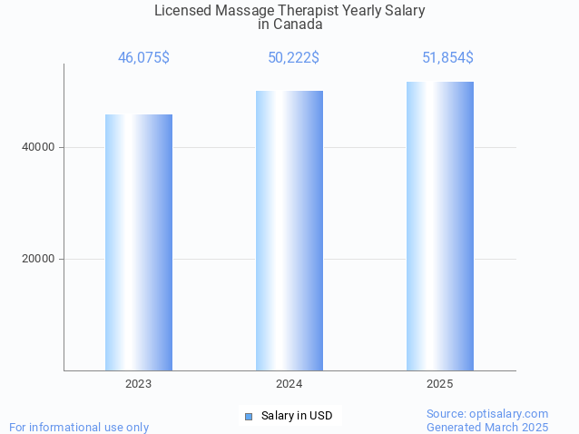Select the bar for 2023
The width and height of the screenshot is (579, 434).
pos(139,242)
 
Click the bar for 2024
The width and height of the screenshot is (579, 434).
pos(289,231)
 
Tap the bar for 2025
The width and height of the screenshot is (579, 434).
pos(440,226)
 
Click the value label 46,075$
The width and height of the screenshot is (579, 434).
pos(143,58)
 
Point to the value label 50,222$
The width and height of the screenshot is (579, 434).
pos(293,58)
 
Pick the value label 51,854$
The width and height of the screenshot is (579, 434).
pos(447,58)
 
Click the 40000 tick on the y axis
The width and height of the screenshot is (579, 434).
pos(37,147)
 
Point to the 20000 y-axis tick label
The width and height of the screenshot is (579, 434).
pos(37,259)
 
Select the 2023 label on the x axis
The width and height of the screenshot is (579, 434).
pos(139,385)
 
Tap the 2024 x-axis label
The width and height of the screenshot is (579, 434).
pos(289,385)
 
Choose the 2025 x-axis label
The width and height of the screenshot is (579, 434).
pos(440,385)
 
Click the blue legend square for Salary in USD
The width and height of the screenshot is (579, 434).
pos(248,417)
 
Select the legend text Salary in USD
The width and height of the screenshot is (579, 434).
pos(297,417)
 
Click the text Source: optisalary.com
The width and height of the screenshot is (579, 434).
pos(487,413)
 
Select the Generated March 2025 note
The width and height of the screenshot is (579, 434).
pos(487,427)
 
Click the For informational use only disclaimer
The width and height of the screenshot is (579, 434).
pos(79,427)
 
